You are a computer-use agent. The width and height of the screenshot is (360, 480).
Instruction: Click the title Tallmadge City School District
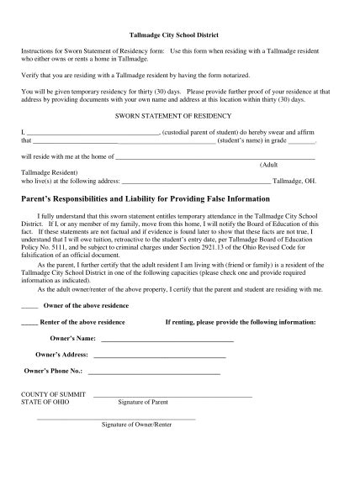tap(180, 36)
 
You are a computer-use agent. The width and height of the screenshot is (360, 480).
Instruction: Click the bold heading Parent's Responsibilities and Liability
tap(146, 198)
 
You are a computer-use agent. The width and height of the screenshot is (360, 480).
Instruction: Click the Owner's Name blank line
tap(167, 340)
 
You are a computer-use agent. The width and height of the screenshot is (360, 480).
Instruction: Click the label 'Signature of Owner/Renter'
tap(136, 425)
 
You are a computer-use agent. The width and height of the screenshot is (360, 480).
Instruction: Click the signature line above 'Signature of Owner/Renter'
tap(135, 418)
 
